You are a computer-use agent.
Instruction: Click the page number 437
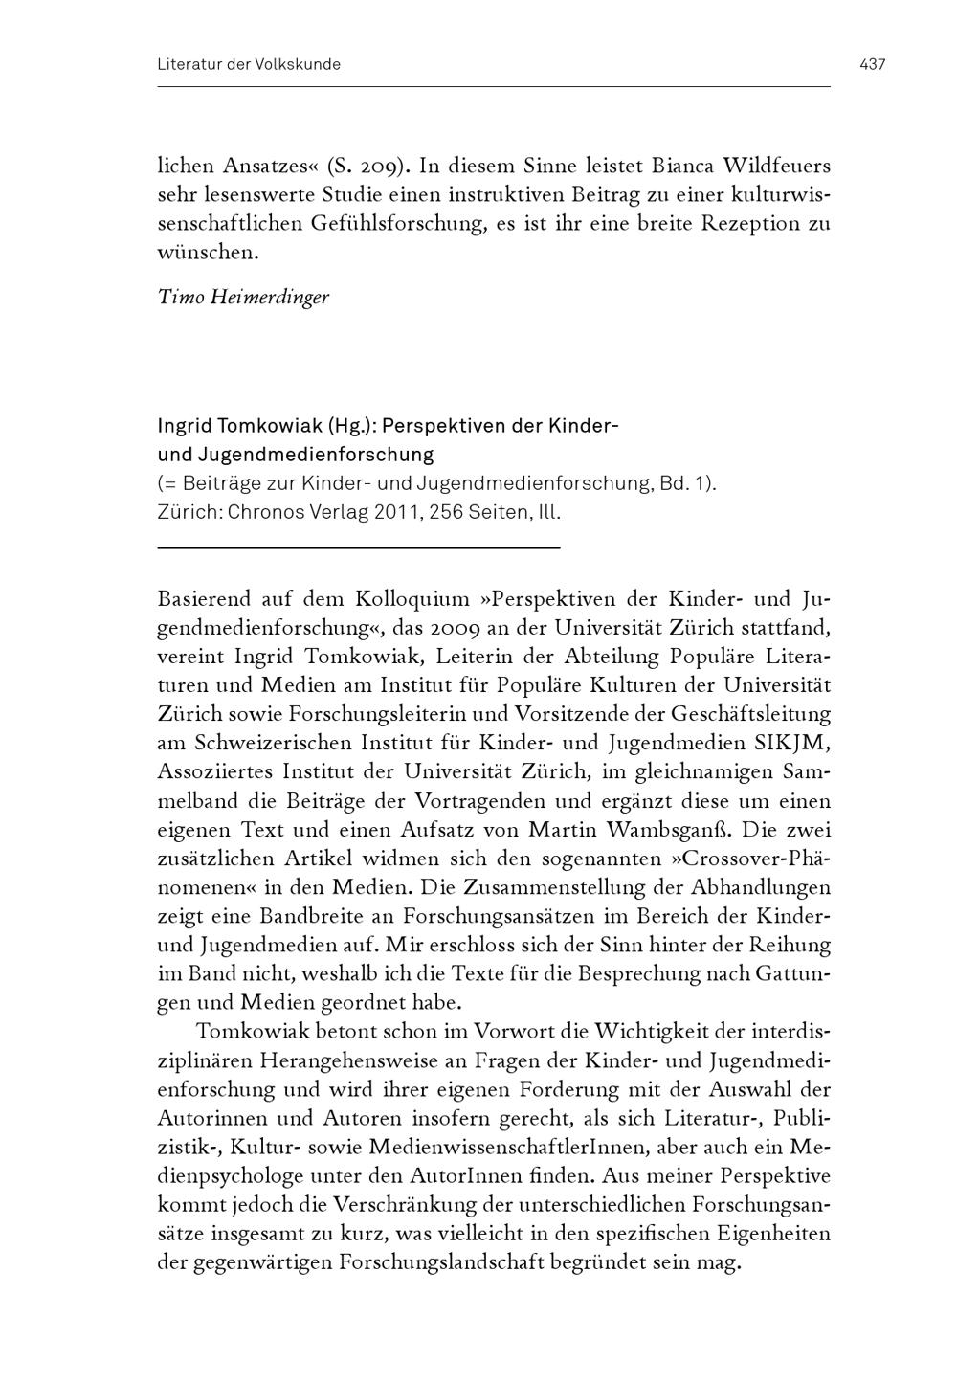[872, 65]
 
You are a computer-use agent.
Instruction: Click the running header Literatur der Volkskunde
[249, 65]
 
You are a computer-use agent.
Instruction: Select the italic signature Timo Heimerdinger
[243, 297]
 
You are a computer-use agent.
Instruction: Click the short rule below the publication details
[358, 547]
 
